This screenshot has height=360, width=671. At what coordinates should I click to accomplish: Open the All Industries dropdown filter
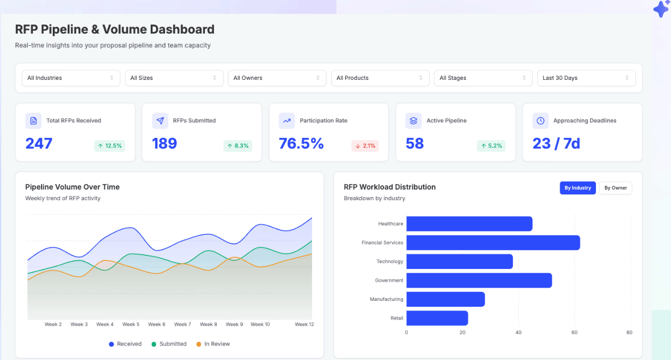tap(71, 78)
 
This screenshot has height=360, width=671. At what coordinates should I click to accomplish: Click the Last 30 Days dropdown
tap(586, 78)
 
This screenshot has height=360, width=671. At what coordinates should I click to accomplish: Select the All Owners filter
tap(277, 78)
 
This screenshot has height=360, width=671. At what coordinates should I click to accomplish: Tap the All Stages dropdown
tap(483, 78)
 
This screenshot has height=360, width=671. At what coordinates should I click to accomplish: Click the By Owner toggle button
tap(616, 188)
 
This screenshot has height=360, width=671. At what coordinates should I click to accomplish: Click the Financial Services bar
tap(493, 243)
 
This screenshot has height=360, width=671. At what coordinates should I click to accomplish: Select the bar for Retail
tap(437, 318)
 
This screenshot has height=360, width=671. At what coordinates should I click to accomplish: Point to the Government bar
tap(479, 281)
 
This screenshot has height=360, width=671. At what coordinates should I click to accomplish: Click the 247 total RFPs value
tap(39, 144)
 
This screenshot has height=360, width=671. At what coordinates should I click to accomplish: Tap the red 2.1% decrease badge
tap(365, 146)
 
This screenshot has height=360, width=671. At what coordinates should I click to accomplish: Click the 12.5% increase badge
tap(110, 146)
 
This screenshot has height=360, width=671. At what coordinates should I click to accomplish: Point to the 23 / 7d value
tap(556, 144)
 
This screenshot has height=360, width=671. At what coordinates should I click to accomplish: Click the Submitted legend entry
tap(169, 344)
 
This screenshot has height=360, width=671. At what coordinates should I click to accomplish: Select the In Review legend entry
tap(213, 344)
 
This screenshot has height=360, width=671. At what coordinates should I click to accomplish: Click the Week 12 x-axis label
tap(304, 324)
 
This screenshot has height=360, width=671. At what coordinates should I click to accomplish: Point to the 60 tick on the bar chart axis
tap(574, 333)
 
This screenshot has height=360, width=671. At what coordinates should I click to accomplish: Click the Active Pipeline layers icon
tap(413, 121)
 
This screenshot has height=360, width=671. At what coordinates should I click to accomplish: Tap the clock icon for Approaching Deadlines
tap(540, 121)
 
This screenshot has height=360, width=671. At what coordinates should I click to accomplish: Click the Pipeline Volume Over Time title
tap(72, 187)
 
